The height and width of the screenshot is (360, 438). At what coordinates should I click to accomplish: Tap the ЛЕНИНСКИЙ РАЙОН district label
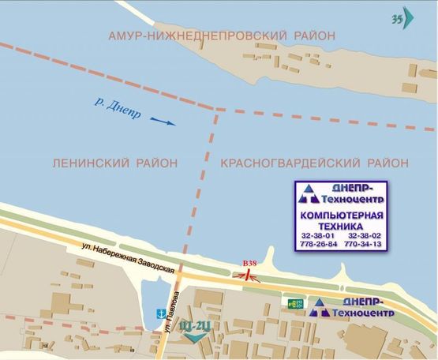(114, 163)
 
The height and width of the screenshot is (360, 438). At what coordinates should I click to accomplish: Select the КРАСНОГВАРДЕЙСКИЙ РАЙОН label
(315, 163)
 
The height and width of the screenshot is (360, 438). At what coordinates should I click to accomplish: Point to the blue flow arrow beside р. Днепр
(162, 122)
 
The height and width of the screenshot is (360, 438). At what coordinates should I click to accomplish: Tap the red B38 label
(249, 263)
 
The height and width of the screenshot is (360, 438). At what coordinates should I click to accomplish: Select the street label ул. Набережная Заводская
(126, 258)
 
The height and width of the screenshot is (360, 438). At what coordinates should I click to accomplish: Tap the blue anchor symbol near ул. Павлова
(159, 313)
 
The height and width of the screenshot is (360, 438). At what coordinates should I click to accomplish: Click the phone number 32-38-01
(317, 235)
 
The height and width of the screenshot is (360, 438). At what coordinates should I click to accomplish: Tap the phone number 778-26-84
(319, 245)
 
